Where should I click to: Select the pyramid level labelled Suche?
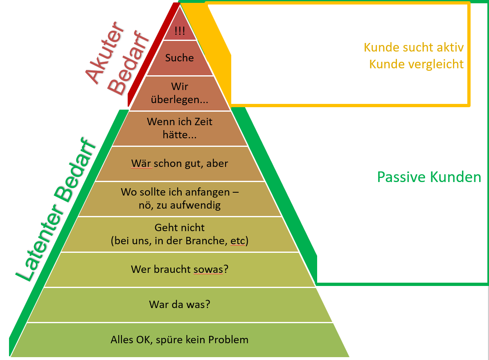click(179, 58)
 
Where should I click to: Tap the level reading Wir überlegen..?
click(179, 93)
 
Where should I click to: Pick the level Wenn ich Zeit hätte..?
click(180, 128)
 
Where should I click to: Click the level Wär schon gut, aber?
click(180, 164)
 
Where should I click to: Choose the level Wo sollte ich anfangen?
click(180, 198)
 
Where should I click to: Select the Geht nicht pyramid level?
click(180, 234)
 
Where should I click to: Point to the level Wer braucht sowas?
click(180, 269)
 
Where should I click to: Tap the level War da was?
click(180, 304)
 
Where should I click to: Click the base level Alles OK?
click(180, 340)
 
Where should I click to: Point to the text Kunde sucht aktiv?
click(414, 47)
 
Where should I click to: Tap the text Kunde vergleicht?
click(416, 64)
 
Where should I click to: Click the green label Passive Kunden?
click(429, 177)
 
